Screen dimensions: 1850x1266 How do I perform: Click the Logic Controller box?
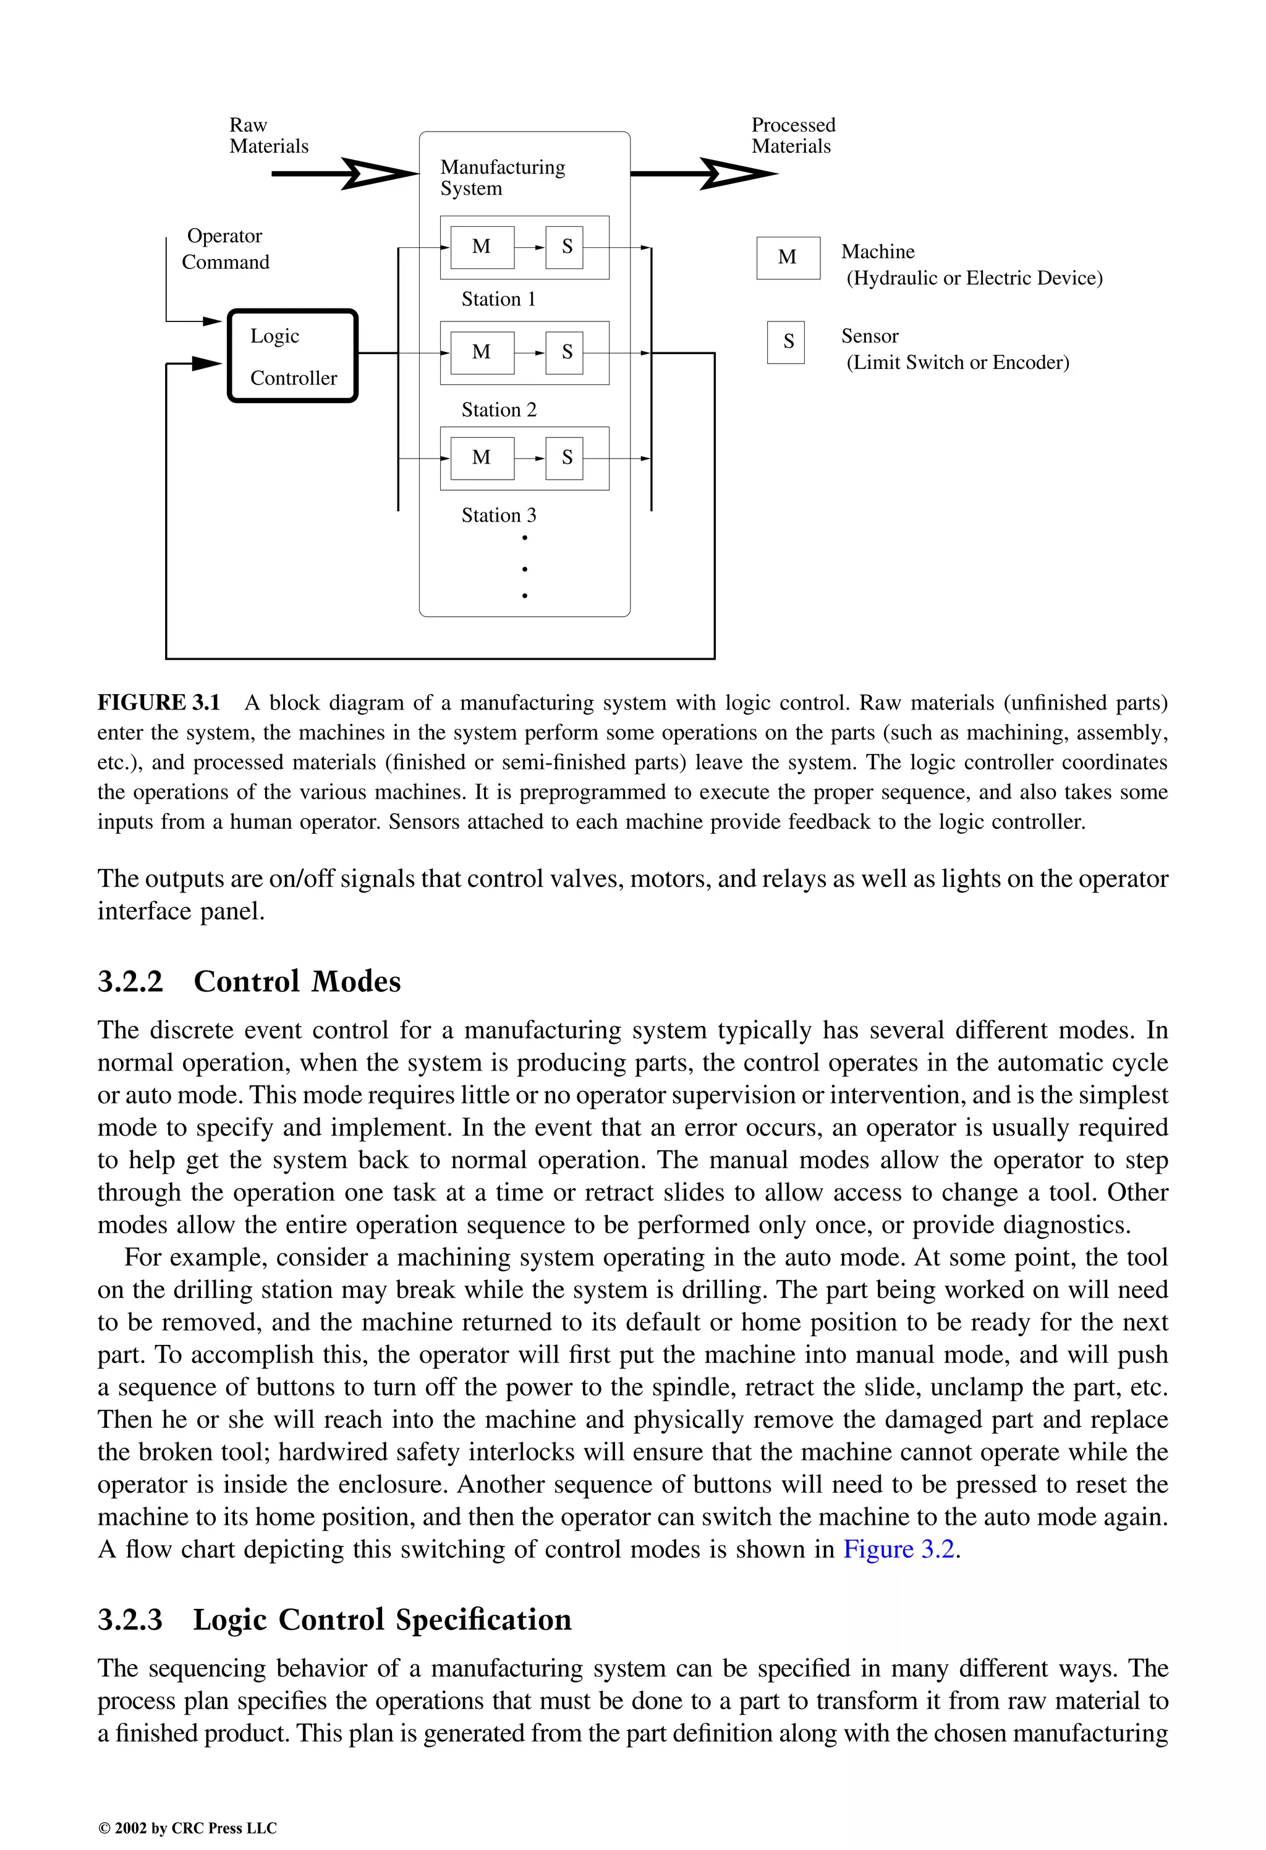point(293,356)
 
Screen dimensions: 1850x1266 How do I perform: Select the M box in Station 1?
point(482,247)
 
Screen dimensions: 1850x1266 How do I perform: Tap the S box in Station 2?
point(564,353)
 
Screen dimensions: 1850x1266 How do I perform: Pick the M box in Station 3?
point(482,458)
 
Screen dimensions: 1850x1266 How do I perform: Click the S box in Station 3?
point(564,458)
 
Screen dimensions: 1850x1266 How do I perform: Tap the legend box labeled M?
point(788,257)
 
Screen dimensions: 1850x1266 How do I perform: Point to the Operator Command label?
point(226,249)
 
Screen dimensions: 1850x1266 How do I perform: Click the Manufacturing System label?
point(503,177)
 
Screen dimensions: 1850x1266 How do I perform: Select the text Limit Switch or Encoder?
point(958,363)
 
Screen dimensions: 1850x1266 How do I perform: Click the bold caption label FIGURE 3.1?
point(158,703)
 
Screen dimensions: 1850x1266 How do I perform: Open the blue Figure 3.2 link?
point(898,1549)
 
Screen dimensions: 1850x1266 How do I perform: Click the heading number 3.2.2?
point(130,982)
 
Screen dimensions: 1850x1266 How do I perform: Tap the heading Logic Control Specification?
point(382,1620)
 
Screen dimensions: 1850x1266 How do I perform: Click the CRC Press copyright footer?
point(187,1828)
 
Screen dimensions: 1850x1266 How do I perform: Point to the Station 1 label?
point(498,299)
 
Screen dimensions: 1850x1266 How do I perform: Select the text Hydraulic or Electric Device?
point(975,279)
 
